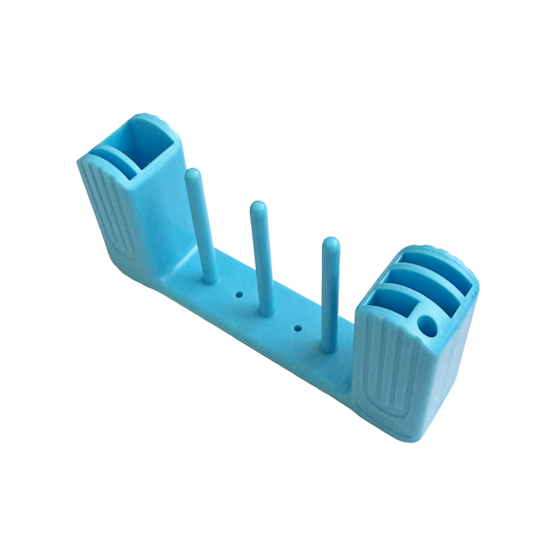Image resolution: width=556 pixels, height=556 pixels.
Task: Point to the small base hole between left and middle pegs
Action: click(x=239, y=294)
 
